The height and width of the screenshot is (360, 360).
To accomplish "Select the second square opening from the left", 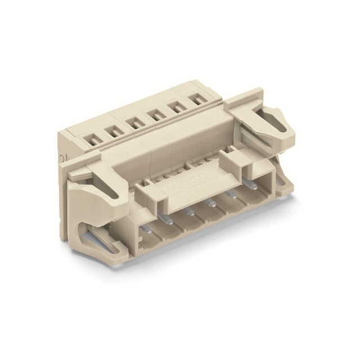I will (111, 128).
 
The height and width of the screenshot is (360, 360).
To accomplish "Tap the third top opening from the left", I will (133, 122).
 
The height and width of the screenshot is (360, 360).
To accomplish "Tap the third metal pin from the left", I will (189, 211).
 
